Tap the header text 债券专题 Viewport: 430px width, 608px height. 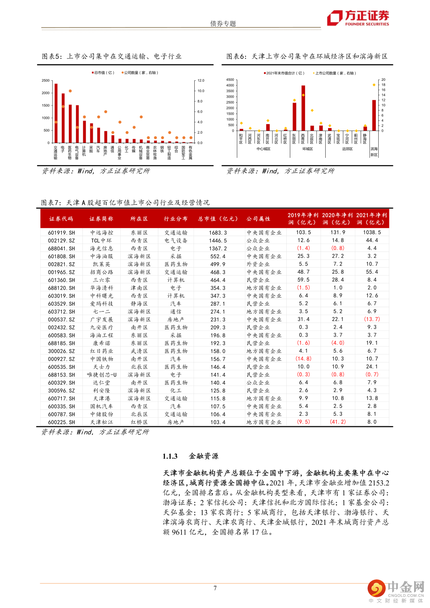tap(223, 23)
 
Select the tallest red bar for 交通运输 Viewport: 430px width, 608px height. tap(56, 113)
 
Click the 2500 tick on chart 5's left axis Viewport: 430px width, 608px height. tap(46, 81)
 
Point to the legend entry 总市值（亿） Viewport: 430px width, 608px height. tap(103, 73)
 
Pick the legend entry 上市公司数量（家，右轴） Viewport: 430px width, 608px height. tap(334, 73)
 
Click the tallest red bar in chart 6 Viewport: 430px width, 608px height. tap(303, 108)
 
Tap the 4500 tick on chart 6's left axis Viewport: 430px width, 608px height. tap(230, 80)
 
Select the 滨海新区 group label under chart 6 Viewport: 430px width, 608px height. tap(374, 152)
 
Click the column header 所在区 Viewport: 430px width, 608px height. tap(139, 219)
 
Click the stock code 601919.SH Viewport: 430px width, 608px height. tap(61, 233)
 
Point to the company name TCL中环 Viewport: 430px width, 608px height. tap(101, 241)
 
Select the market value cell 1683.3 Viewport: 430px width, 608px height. tap(218, 233)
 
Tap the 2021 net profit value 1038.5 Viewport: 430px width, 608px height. tap(372, 232)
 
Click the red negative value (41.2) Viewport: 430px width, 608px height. tap(338, 422)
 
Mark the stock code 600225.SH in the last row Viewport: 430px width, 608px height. tap(61, 422)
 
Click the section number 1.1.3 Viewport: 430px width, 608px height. tap(170, 456)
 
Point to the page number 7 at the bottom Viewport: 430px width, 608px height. tap(215, 588)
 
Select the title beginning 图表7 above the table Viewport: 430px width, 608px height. tap(125, 203)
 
